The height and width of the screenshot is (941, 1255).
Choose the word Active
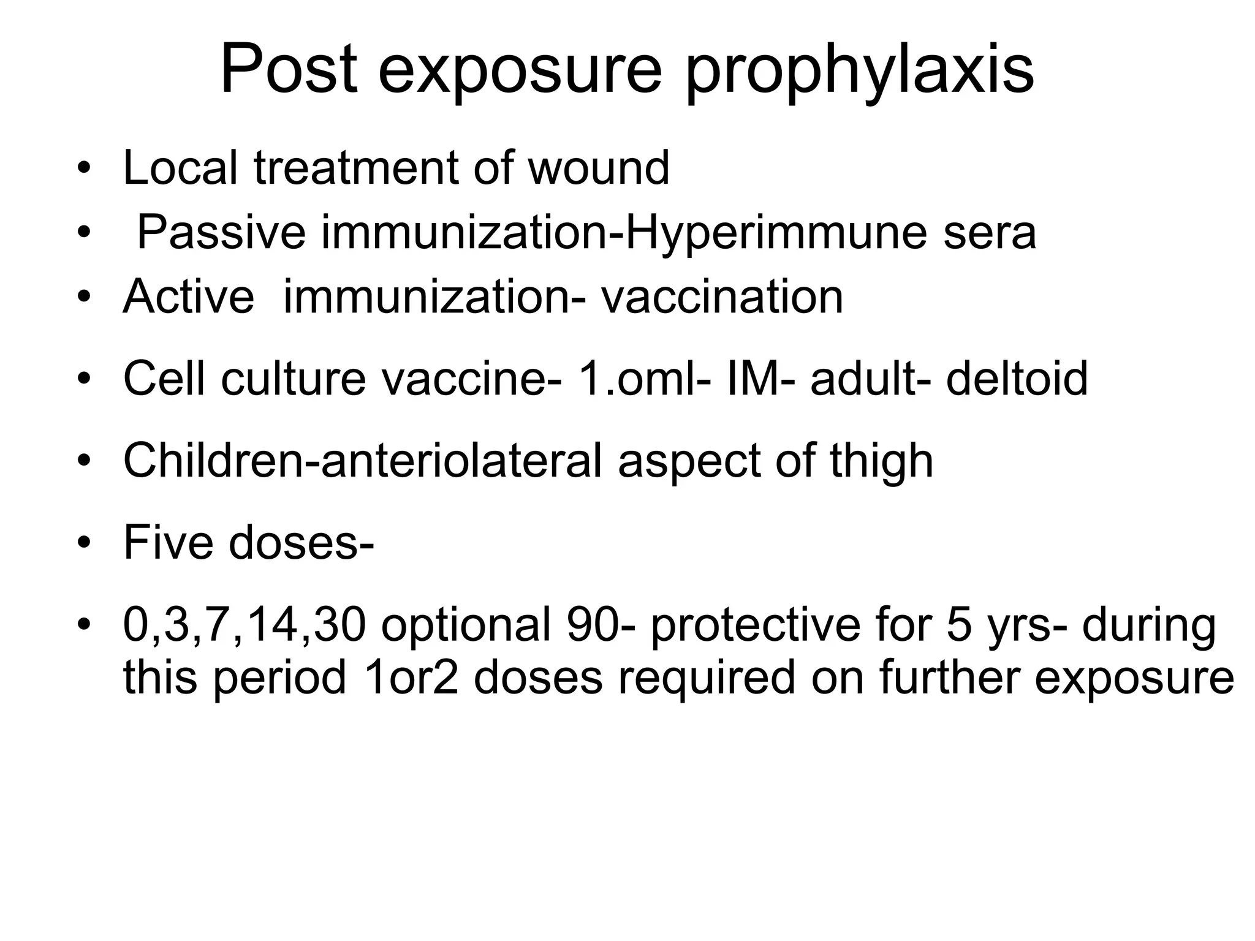[189, 297]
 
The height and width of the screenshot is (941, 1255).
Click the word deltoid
[1017, 378]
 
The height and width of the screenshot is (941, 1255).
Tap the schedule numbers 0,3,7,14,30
[245, 626]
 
